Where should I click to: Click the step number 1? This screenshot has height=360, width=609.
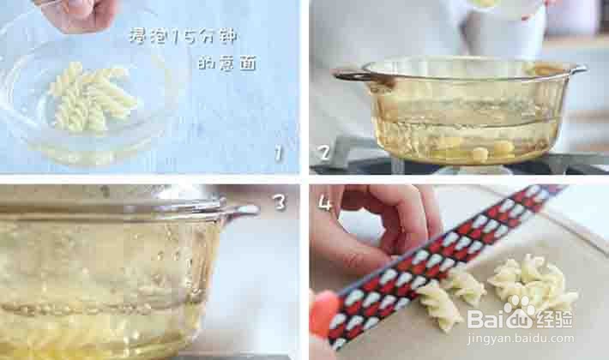[278, 153]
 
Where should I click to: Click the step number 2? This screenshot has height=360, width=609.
[324, 152]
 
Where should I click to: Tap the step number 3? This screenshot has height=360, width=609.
[279, 201]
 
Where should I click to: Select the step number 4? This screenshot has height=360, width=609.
[324, 201]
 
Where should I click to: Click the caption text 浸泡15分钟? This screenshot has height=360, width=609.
[183, 36]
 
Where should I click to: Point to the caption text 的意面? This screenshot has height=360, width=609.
[227, 63]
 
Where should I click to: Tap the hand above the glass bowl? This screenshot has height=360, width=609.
[78, 15]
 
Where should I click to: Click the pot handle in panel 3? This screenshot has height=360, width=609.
[241, 210]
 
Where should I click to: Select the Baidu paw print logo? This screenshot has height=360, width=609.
[520, 306]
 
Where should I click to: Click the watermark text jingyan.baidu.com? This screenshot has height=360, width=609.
[521, 339]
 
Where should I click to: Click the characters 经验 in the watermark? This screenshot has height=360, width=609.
[554, 319]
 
